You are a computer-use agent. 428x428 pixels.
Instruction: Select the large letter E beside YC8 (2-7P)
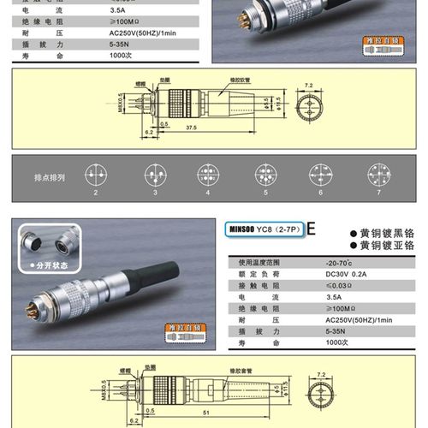point(311,229)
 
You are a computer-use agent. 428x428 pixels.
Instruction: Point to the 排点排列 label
point(50,177)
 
